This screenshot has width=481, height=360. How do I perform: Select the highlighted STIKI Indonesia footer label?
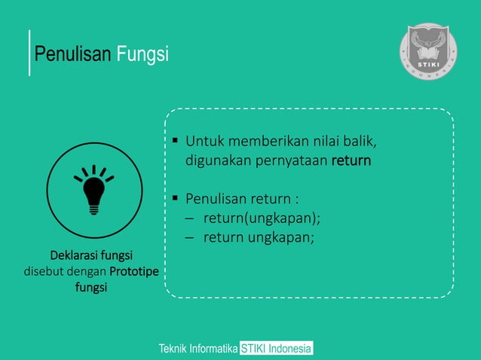(276, 349)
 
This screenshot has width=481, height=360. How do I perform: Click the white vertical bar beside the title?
(29, 53)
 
